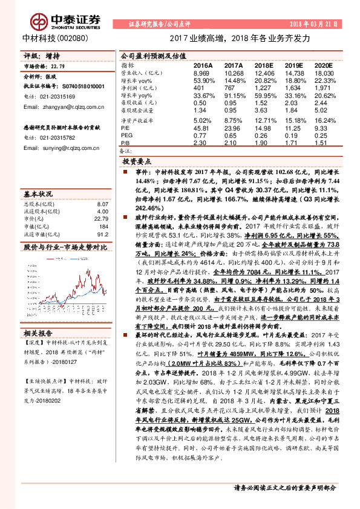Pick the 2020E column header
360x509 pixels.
(322, 64)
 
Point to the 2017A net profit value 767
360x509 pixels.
(233, 88)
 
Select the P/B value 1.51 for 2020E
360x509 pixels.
(321, 142)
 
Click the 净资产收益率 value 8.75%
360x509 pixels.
(233, 120)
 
